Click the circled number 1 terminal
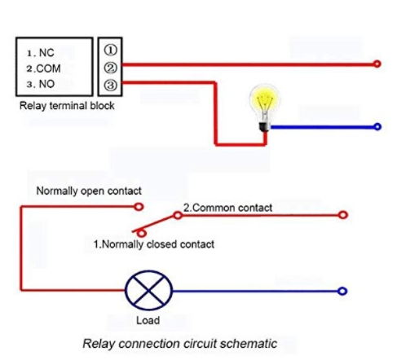point(110,50)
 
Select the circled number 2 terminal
point(110,68)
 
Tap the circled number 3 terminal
point(110,85)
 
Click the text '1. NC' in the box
point(41,53)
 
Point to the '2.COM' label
point(43,68)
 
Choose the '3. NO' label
point(41,84)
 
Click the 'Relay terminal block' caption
point(67,106)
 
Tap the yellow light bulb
point(264,108)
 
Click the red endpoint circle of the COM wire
point(377,64)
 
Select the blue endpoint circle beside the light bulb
point(377,126)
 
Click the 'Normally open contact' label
point(89,191)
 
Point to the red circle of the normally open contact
point(139,207)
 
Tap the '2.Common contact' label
point(227,208)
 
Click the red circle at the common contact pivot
point(178,216)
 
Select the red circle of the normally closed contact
point(142,233)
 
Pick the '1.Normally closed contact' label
point(154,244)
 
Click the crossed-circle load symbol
point(148,291)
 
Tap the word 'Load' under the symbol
point(148,320)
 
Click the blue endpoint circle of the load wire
point(342,292)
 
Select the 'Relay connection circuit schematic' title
point(179,344)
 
